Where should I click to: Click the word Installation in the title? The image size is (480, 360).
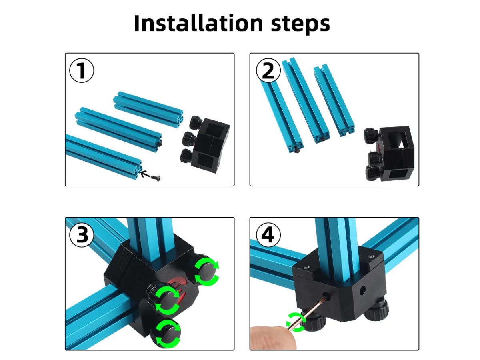198,23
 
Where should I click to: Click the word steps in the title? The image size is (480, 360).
300,24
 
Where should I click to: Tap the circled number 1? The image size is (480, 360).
82,70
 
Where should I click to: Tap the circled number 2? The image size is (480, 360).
268,70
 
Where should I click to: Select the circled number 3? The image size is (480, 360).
82,235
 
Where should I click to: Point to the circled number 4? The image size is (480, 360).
268,235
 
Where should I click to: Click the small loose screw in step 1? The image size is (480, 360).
156,178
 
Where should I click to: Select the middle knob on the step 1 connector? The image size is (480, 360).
188,138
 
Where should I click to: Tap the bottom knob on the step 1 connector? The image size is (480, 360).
186,156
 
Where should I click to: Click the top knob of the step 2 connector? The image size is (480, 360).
371,136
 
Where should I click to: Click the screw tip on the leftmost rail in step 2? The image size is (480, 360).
296,151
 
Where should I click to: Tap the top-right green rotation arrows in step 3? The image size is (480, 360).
207,272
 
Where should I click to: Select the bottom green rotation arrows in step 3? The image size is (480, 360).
168,334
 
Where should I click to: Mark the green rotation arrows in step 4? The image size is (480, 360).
296,322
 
